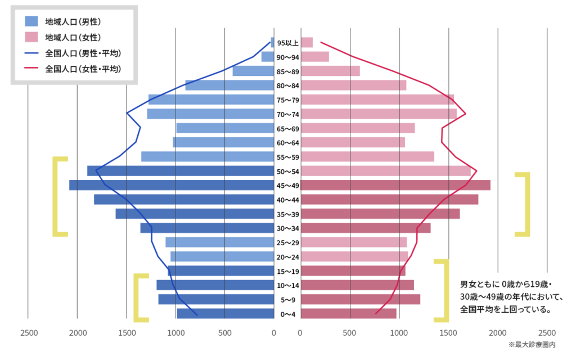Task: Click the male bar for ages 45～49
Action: [x=172, y=185]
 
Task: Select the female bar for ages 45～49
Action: [x=395, y=185]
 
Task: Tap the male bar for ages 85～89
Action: [x=253, y=71]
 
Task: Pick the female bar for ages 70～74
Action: [x=379, y=114]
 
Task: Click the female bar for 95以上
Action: [x=307, y=42]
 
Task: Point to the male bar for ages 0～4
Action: [x=225, y=313]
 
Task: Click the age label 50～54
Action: [x=287, y=171]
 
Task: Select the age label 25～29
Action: [x=287, y=242]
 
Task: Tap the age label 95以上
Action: [x=287, y=43]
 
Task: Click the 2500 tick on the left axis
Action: [x=29, y=332]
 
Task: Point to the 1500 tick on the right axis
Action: [x=448, y=332]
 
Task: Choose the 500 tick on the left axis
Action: [x=224, y=332]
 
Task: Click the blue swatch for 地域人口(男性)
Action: [x=31, y=22]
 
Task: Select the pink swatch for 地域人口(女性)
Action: [x=31, y=38]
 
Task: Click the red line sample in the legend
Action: [x=31, y=69]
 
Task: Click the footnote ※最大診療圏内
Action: [x=532, y=344]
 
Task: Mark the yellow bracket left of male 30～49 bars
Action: [x=59, y=196]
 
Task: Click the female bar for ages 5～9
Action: [x=360, y=299]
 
